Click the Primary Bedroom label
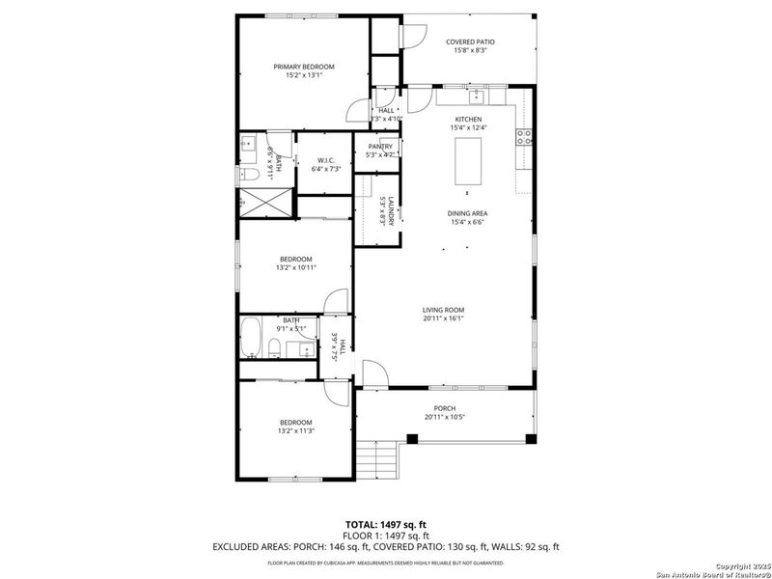coord(303,67)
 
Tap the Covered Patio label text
coord(470,42)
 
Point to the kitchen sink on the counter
coord(476,96)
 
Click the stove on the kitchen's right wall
coord(526,137)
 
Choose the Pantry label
coord(379,147)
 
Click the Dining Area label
coord(466,213)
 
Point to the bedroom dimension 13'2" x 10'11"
coord(295,267)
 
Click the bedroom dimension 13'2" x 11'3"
coord(295,431)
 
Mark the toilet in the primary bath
coord(247,175)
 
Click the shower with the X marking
coord(263,204)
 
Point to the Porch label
coord(444,408)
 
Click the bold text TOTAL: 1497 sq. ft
coord(385,524)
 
